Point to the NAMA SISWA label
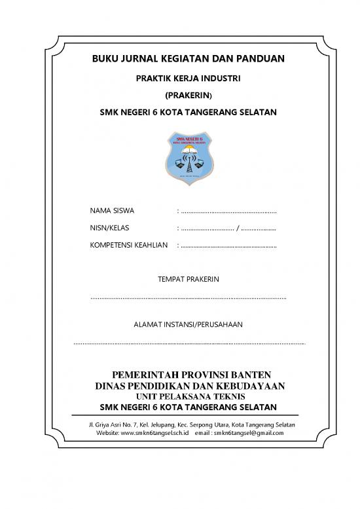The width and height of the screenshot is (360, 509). tap(112, 211)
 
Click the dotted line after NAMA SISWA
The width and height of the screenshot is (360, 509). tap(229, 212)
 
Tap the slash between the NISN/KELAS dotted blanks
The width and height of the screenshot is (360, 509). tap(238, 229)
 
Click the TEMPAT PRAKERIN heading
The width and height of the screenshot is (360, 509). tap(189, 280)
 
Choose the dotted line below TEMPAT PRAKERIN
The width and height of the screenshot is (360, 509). tap(189, 298)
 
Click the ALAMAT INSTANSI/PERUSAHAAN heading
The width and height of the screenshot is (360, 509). tap(189, 324)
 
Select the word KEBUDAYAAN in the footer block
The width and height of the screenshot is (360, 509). tap(251, 386)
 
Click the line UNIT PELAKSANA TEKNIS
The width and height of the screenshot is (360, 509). tap(190, 397)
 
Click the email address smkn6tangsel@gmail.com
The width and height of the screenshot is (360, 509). tap(248, 434)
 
